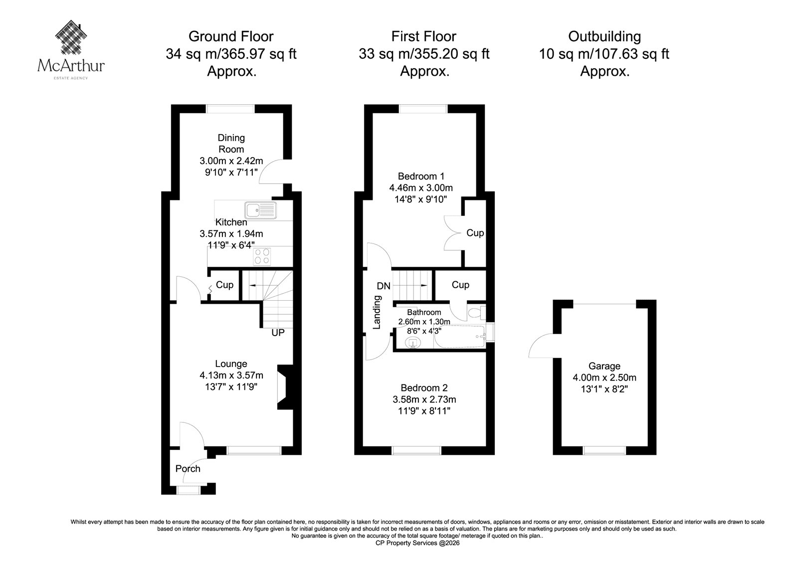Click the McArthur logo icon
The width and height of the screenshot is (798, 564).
point(71,37)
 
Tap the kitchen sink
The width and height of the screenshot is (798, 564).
point(261,210)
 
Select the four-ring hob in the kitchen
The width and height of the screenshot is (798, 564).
point(262,256)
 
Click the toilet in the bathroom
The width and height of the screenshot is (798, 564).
point(477,313)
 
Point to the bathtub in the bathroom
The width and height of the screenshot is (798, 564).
point(460,337)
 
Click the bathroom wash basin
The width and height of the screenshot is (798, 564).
point(413,343)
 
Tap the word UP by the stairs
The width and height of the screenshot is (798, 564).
point(278,333)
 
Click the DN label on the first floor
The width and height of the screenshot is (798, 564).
point(384,286)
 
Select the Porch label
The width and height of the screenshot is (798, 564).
point(188,469)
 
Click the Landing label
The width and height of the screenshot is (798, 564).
point(377,312)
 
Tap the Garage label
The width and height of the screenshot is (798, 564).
point(604,366)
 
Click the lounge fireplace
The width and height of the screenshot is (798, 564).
point(285,387)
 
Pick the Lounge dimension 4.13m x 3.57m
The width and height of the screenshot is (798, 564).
point(231,375)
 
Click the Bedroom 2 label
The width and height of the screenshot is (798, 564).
point(424,387)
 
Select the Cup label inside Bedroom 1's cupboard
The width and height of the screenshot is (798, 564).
point(475,233)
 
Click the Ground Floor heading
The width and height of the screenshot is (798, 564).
point(231,36)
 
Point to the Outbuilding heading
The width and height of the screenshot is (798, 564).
point(604,36)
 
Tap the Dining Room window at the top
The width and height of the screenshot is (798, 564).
point(230,109)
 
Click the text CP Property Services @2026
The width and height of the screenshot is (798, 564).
point(417,543)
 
